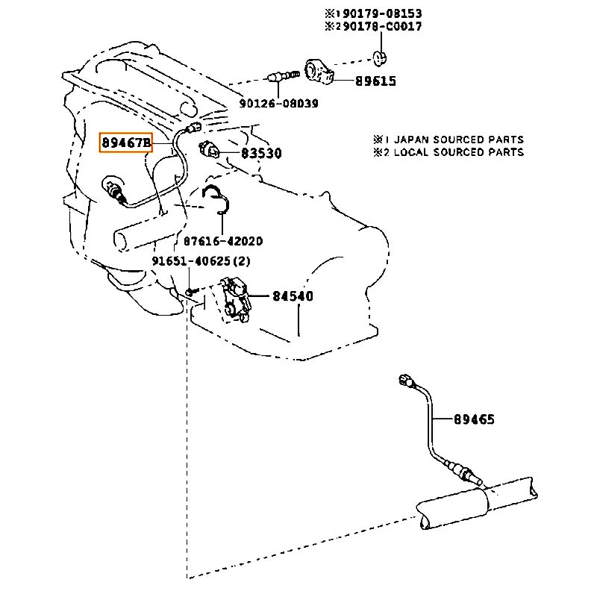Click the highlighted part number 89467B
(126, 141)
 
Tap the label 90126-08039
(279, 104)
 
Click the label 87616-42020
(223, 242)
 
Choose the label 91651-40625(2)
(201, 261)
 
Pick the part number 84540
(292, 296)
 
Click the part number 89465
(474, 419)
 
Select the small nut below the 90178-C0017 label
(381, 58)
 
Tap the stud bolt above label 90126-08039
(280, 76)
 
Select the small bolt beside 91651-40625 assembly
(190, 291)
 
